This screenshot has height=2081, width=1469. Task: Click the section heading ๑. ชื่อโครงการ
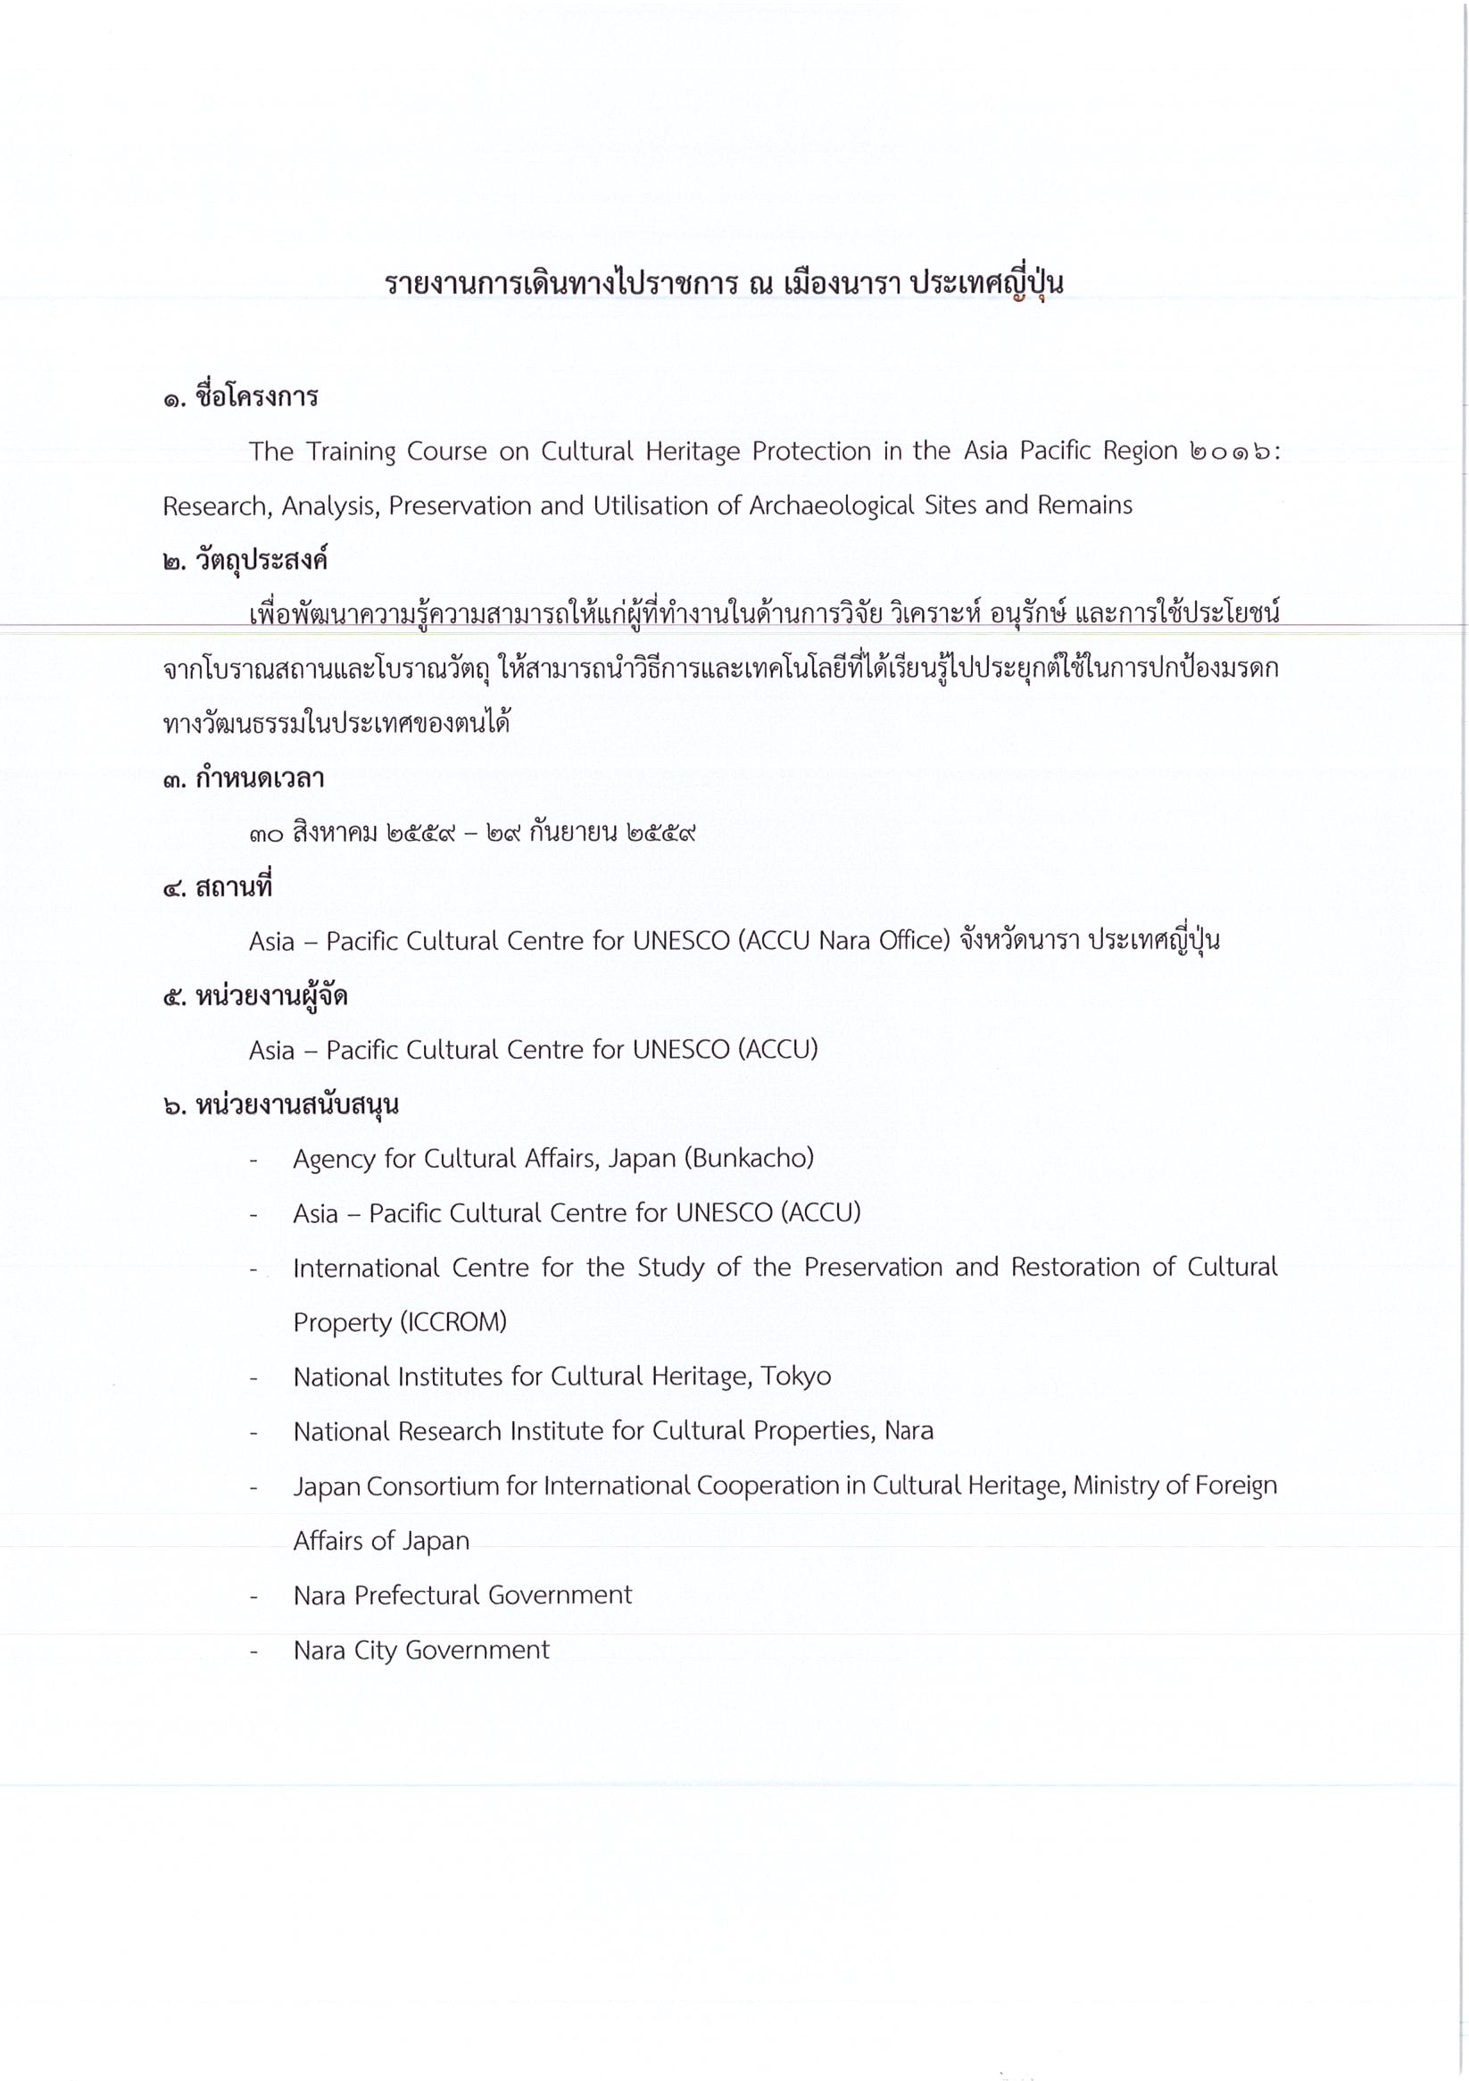[240, 397]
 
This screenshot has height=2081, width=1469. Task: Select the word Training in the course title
[351, 452]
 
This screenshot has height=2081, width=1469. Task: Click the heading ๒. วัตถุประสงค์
[245, 561]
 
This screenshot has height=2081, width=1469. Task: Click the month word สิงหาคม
[335, 833]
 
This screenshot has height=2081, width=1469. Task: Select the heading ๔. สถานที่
[218, 887]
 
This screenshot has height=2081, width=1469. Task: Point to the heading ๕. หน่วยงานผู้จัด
[255, 997]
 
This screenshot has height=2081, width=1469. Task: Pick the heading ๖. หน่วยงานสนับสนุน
[281, 1106]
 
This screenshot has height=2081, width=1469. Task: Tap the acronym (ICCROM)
[452, 1322]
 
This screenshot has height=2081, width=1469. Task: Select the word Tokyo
[796, 1377]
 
